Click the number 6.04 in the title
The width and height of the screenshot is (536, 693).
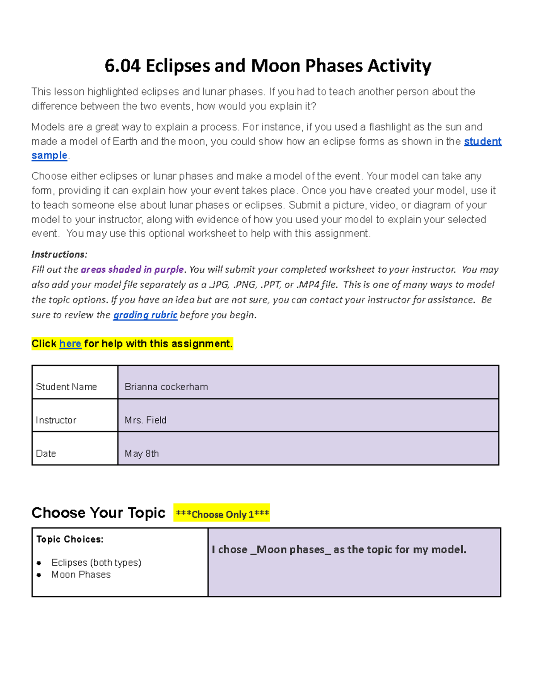coord(122,66)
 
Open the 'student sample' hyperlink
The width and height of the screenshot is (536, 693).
coord(482,141)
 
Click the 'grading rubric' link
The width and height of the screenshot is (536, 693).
coord(145,315)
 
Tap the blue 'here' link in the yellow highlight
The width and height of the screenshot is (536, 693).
coord(70,344)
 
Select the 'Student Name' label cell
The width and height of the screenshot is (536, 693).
coord(66,386)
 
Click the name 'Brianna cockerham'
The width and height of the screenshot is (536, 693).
coord(166,386)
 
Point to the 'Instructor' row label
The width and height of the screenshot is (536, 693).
coord(56,420)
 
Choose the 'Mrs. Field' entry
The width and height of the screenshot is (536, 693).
coord(146,420)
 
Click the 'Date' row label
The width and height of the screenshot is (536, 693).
coord(46,453)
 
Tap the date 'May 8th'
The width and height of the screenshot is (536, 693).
coord(142,453)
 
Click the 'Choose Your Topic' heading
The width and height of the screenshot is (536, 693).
coord(98,513)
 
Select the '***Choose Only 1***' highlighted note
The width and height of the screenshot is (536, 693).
coord(222,514)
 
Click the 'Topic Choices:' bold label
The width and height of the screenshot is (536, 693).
coord(70,539)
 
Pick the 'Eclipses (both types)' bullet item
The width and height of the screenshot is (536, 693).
coord(96,562)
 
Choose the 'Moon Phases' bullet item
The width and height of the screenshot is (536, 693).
coord(81,575)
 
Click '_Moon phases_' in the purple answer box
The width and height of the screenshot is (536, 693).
coord(291,550)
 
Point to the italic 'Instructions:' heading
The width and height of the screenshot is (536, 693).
coord(59,254)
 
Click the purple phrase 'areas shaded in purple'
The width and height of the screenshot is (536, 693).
coord(132,270)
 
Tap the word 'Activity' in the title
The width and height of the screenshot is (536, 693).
coord(399,66)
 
